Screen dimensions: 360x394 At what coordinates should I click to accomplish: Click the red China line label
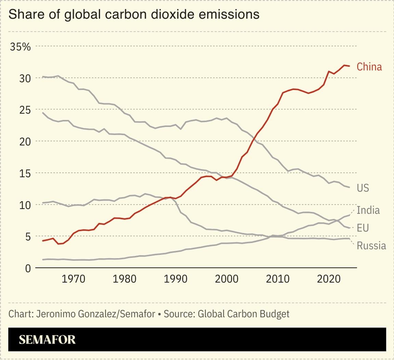(x=369, y=67)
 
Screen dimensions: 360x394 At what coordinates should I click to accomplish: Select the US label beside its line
(x=363, y=188)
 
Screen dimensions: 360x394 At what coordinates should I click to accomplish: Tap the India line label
(x=368, y=210)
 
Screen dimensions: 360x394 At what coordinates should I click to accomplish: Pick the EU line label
(x=363, y=228)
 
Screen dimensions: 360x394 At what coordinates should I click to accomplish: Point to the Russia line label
(x=371, y=245)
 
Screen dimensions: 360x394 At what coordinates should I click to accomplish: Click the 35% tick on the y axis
(x=20, y=47)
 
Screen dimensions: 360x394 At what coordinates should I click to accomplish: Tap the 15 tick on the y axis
(x=25, y=173)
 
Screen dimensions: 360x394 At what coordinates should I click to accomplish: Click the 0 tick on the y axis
(x=28, y=269)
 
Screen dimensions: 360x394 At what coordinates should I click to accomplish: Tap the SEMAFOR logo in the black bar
(x=47, y=339)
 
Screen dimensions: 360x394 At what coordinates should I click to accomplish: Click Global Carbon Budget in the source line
(x=244, y=314)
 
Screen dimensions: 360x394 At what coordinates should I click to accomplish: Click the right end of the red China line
(x=349, y=66)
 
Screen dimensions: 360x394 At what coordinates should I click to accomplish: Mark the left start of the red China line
(x=42, y=241)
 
